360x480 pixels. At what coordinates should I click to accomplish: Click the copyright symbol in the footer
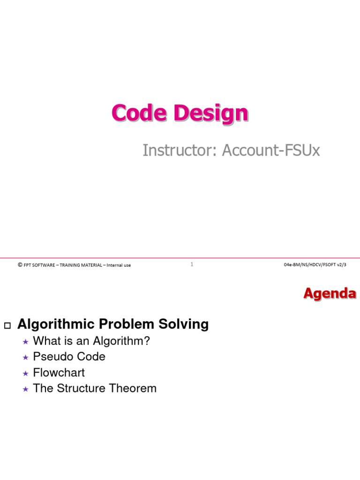coord(20,265)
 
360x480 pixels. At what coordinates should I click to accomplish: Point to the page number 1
coord(192,264)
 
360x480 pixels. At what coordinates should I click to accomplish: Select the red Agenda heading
coord(330,293)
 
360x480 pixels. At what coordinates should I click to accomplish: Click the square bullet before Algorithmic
coord(7,325)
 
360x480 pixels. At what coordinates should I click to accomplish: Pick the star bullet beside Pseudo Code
coord(26,358)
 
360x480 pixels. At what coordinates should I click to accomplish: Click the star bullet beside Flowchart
coord(26,374)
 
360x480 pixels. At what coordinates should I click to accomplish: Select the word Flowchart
coord(59,373)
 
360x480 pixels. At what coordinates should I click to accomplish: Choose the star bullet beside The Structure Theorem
coord(26,390)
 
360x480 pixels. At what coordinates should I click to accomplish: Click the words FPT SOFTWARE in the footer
coord(39,265)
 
